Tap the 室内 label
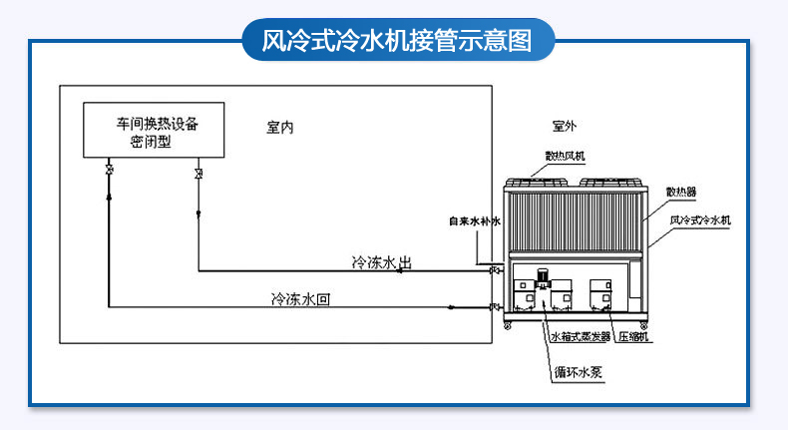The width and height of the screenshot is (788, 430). click(282, 127)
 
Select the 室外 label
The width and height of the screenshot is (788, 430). click(564, 127)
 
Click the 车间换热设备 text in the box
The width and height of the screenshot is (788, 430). click(158, 126)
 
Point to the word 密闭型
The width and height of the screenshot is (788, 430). click(152, 143)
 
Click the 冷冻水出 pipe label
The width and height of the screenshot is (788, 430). click(381, 262)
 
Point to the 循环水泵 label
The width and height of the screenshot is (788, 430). click(583, 373)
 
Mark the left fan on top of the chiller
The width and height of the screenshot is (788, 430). click(539, 183)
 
